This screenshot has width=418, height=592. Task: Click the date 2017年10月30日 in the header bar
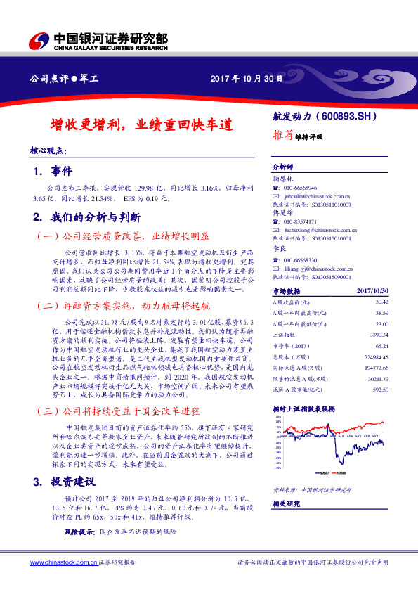click(247, 78)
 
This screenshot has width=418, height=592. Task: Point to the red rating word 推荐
click(282, 136)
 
